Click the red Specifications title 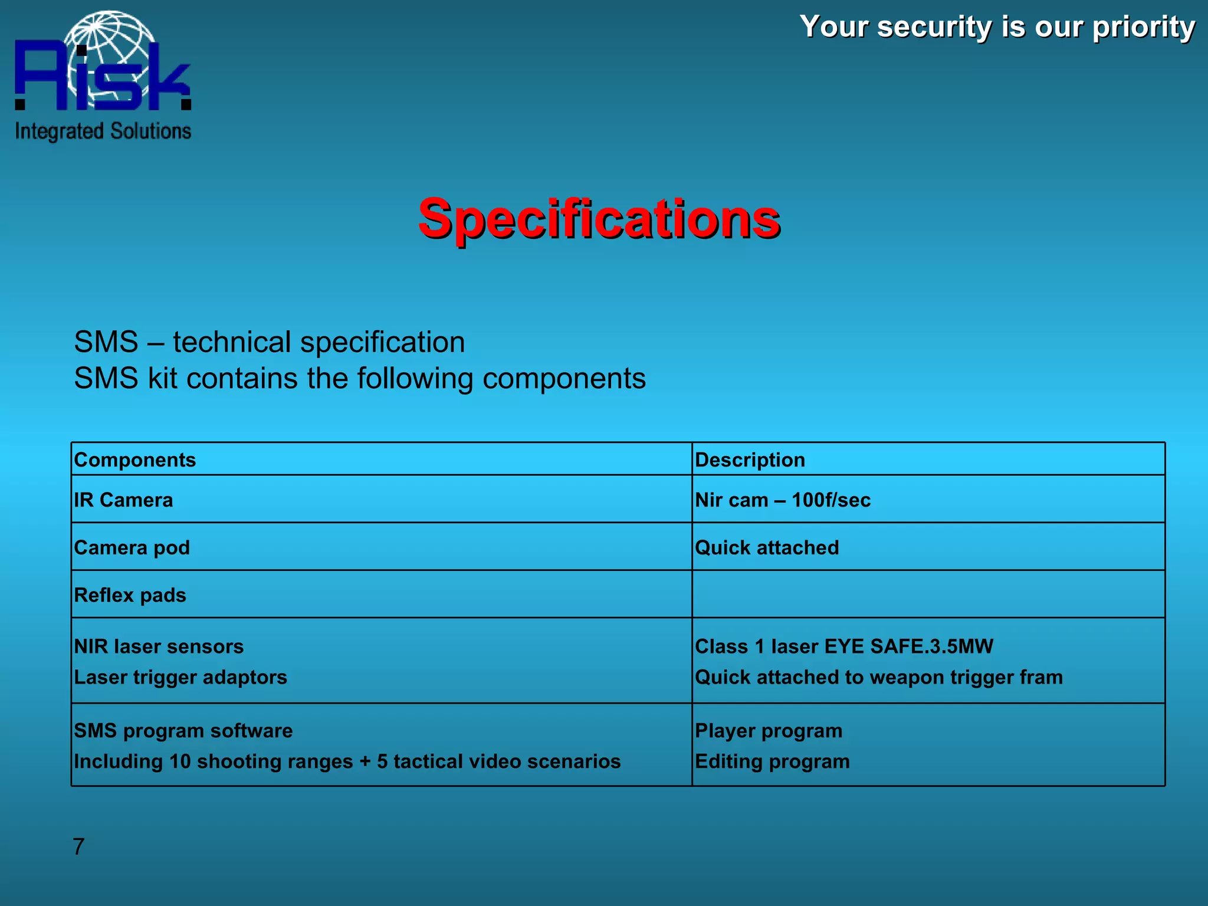599,219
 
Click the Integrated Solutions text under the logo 103,131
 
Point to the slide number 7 79,846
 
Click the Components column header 135,460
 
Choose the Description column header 750,460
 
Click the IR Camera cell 124,500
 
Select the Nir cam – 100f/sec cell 783,500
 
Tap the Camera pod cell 132,548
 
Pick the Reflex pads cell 130,595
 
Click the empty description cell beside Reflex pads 928,595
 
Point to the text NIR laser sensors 159,646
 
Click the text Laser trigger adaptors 180,677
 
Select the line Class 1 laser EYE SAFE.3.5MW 844,646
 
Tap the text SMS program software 183,731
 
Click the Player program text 769,731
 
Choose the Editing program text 772,761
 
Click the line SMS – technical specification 270,342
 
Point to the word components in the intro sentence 564,378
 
